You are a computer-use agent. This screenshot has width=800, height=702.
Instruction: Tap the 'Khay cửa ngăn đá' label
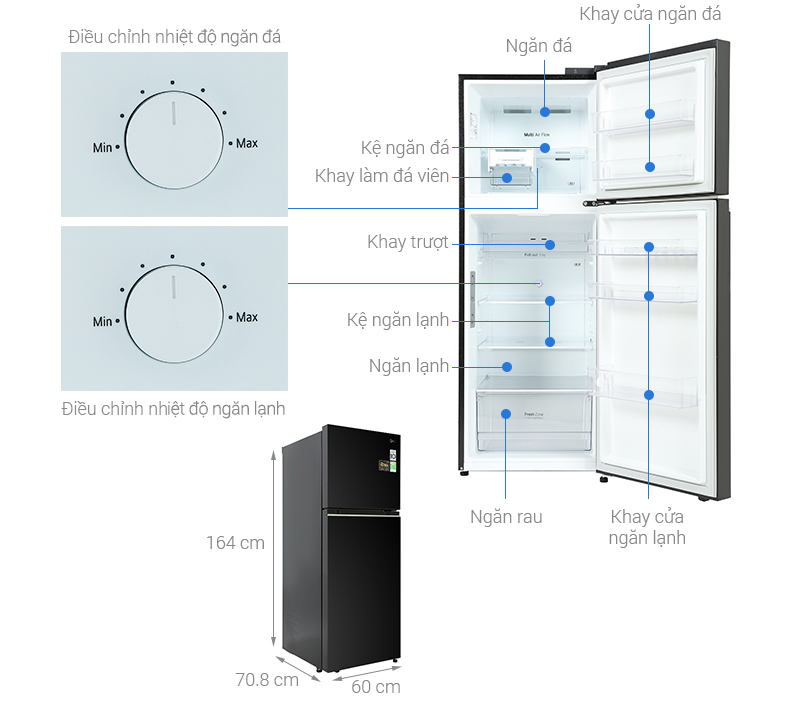(x=650, y=14)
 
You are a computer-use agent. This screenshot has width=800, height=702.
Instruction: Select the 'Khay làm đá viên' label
(x=381, y=176)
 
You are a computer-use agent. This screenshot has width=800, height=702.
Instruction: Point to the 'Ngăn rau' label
(x=506, y=517)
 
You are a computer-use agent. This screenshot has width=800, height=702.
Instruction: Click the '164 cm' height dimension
(x=235, y=543)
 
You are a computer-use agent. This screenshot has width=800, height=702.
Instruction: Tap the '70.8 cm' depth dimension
(x=267, y=680)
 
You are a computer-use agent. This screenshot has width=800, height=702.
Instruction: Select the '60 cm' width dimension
(x=376, y=687)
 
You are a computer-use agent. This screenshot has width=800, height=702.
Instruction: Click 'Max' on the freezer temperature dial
(x=246, y=143)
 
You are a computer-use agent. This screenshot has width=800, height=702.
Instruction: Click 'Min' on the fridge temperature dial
(x=103, y=322)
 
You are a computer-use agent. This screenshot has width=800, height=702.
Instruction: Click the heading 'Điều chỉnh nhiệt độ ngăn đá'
(x=174, y=37)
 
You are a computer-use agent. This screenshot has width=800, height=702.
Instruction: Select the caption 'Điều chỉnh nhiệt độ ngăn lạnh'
(x=173, y=408)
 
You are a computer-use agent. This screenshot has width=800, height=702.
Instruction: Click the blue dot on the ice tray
(x=507, y=178)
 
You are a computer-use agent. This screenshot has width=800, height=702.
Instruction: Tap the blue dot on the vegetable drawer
(x=507, y=413)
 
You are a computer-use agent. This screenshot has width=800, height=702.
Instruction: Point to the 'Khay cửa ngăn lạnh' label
(x=648, y=527)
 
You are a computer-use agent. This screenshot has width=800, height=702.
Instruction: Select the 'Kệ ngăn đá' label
(x=405, y=147)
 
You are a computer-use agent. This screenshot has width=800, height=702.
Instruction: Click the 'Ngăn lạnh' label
(x=408, y=366)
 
